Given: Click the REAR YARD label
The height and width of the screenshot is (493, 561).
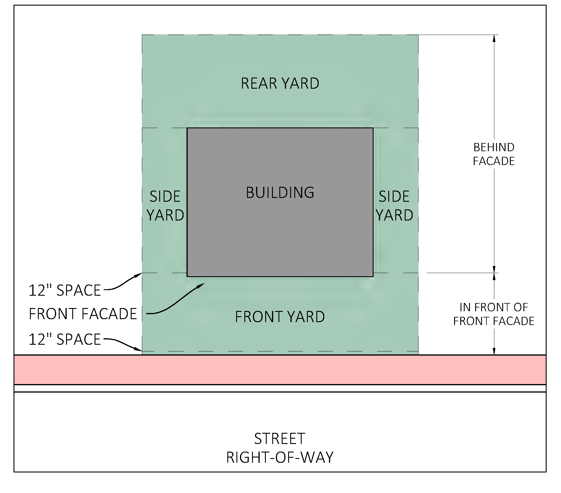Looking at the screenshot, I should coord(280,83).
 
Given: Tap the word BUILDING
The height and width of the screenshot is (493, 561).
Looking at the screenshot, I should coord(280,193).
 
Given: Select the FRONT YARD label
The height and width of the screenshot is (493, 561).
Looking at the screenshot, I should coord(280,317).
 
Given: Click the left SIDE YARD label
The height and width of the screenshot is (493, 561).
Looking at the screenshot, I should coord(165,206).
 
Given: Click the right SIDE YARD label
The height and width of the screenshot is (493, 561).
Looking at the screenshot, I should coord(394,206).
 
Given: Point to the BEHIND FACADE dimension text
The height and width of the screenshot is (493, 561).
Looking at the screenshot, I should coord(494,154).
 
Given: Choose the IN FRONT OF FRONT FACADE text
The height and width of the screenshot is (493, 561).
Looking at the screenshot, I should coord(494,314).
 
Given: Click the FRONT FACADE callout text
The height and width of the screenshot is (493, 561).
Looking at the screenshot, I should coord(83,314).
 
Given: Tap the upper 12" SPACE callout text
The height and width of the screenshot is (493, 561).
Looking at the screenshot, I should coord(65,290).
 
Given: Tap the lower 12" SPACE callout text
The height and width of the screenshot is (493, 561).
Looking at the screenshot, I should coord(65,339).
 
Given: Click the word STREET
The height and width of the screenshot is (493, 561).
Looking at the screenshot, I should coord(280,439).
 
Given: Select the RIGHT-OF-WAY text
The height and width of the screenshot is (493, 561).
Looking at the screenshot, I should coord(280,457).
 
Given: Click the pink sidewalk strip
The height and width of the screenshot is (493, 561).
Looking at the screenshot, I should coord(280,370).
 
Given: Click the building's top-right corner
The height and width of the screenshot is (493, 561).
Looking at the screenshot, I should coord(373,128).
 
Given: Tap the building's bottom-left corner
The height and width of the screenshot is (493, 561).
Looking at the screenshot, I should coord(187,276).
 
